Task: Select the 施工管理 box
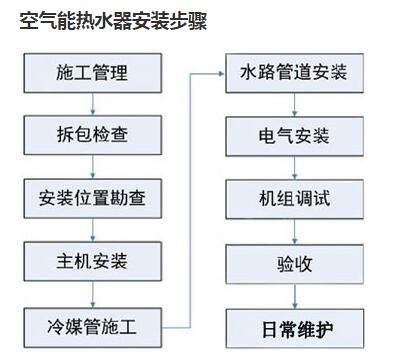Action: tap(92, 73)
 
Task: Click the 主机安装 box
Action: tap(92, 262)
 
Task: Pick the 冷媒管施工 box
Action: tap(92, 324)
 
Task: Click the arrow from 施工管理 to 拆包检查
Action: tap(92, 104)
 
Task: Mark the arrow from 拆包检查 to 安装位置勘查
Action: tap(92, 166)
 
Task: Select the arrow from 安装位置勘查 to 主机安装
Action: tap(92, 230)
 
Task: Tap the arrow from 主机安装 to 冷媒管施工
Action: tap(92, 293)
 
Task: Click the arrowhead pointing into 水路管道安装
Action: tap(221, 73)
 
